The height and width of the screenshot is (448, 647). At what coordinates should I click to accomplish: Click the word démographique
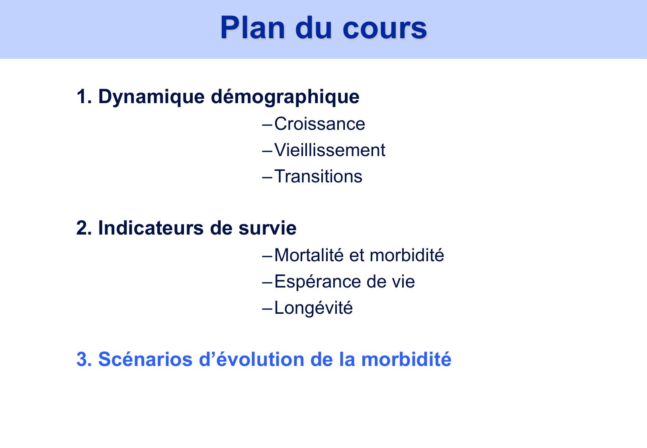point(285,97)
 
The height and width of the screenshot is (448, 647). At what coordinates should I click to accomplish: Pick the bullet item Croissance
point(319,124)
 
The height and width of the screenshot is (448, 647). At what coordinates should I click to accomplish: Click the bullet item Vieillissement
point(330,150)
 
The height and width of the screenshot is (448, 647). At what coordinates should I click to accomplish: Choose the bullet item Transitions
point(318,176)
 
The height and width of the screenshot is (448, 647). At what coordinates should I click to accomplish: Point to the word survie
point(267,228)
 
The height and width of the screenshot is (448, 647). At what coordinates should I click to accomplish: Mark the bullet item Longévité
point(313,308)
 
